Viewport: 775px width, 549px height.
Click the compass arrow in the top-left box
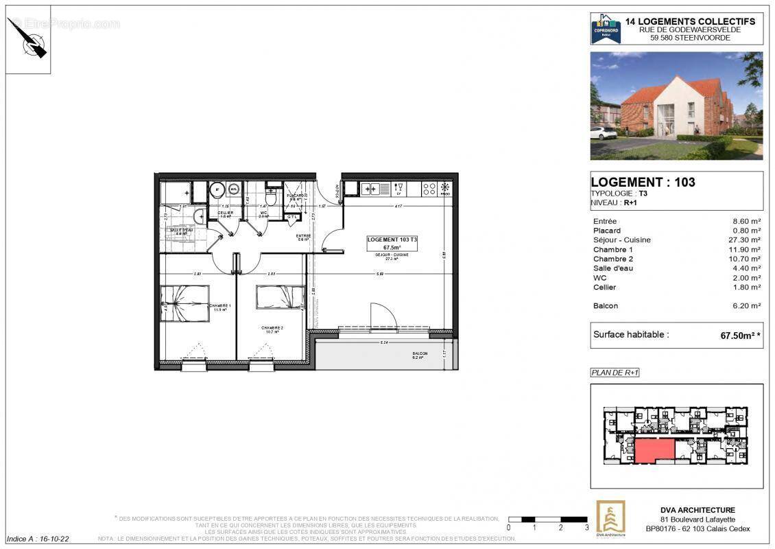(29, 39)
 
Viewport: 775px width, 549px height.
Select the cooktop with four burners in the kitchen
(429, 188)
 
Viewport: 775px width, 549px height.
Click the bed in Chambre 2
(280, 298)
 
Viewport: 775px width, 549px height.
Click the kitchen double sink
(371, 188)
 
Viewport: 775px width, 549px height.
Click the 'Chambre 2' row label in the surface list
(612, 259)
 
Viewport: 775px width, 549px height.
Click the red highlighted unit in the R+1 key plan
(654, 451)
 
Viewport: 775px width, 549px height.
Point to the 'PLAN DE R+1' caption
(615, 373)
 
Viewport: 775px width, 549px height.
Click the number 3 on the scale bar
(586, 528)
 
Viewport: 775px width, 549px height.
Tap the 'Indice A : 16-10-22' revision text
(38, 539)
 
